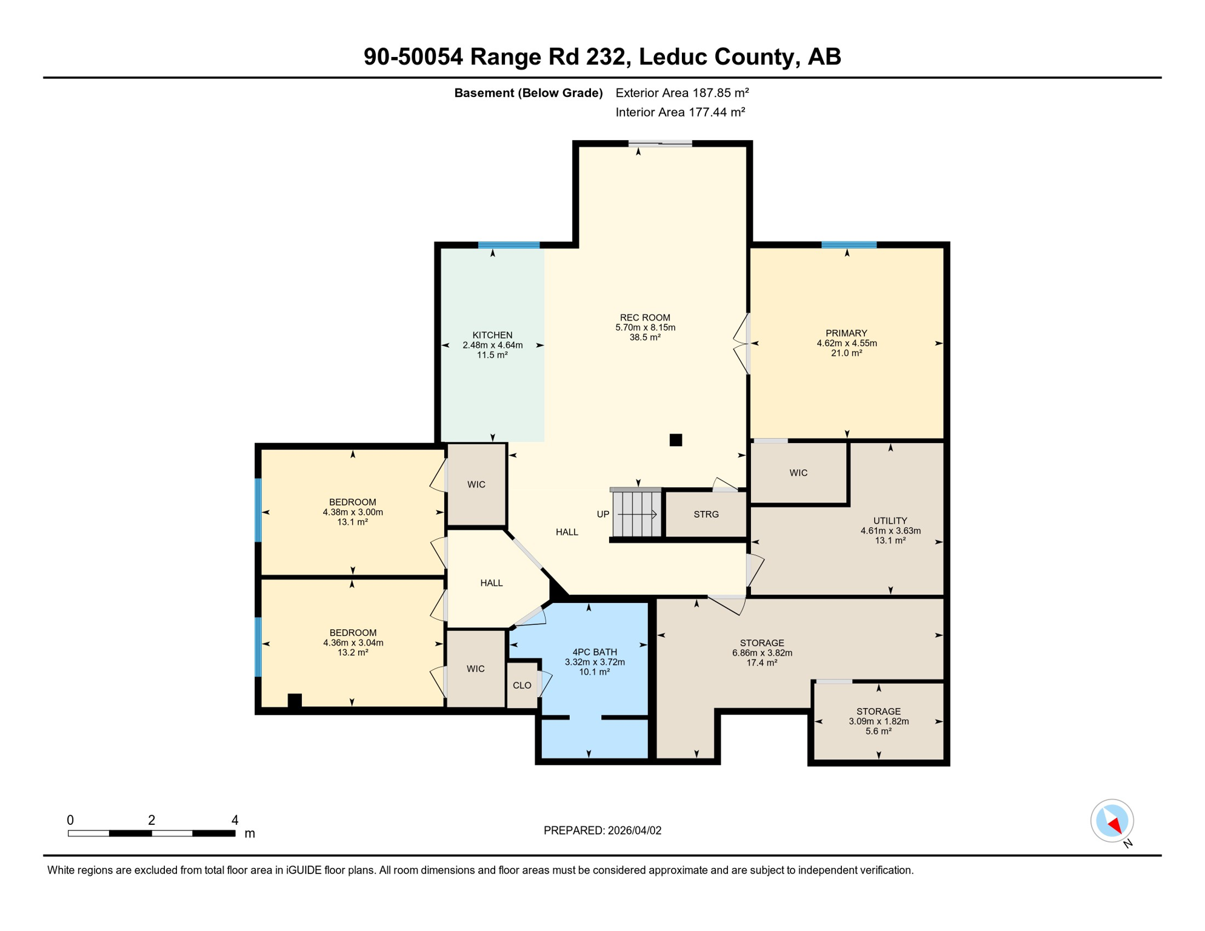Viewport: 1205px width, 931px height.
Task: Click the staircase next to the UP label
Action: [636, 513]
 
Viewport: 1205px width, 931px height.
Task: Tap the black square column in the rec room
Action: [676, 440]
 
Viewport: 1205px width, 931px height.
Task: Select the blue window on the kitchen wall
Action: [509, 245]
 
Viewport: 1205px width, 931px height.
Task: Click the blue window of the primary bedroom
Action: [849, 245]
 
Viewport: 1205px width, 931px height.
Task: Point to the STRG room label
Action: [706, 514]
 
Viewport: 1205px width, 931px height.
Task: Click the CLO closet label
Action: [521, 686]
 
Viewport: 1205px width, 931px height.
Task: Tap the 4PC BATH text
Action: [595, 652]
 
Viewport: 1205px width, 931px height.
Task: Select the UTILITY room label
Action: [890, 521]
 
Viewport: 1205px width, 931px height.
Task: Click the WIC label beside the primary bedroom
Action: [798, 473]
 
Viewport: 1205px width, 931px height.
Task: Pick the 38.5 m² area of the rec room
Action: [644, 338]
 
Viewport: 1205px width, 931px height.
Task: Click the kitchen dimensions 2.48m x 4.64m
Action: [492, 345]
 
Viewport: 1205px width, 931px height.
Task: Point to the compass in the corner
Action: [1112, 821]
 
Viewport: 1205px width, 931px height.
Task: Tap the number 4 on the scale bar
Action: [235, 820]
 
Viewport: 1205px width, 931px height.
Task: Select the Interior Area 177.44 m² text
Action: [679, 112]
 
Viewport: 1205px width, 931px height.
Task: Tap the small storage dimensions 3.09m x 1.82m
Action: [878, 721]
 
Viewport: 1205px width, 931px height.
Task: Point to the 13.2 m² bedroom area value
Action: [352, 653]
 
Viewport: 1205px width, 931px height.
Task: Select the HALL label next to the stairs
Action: [567, 532]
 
